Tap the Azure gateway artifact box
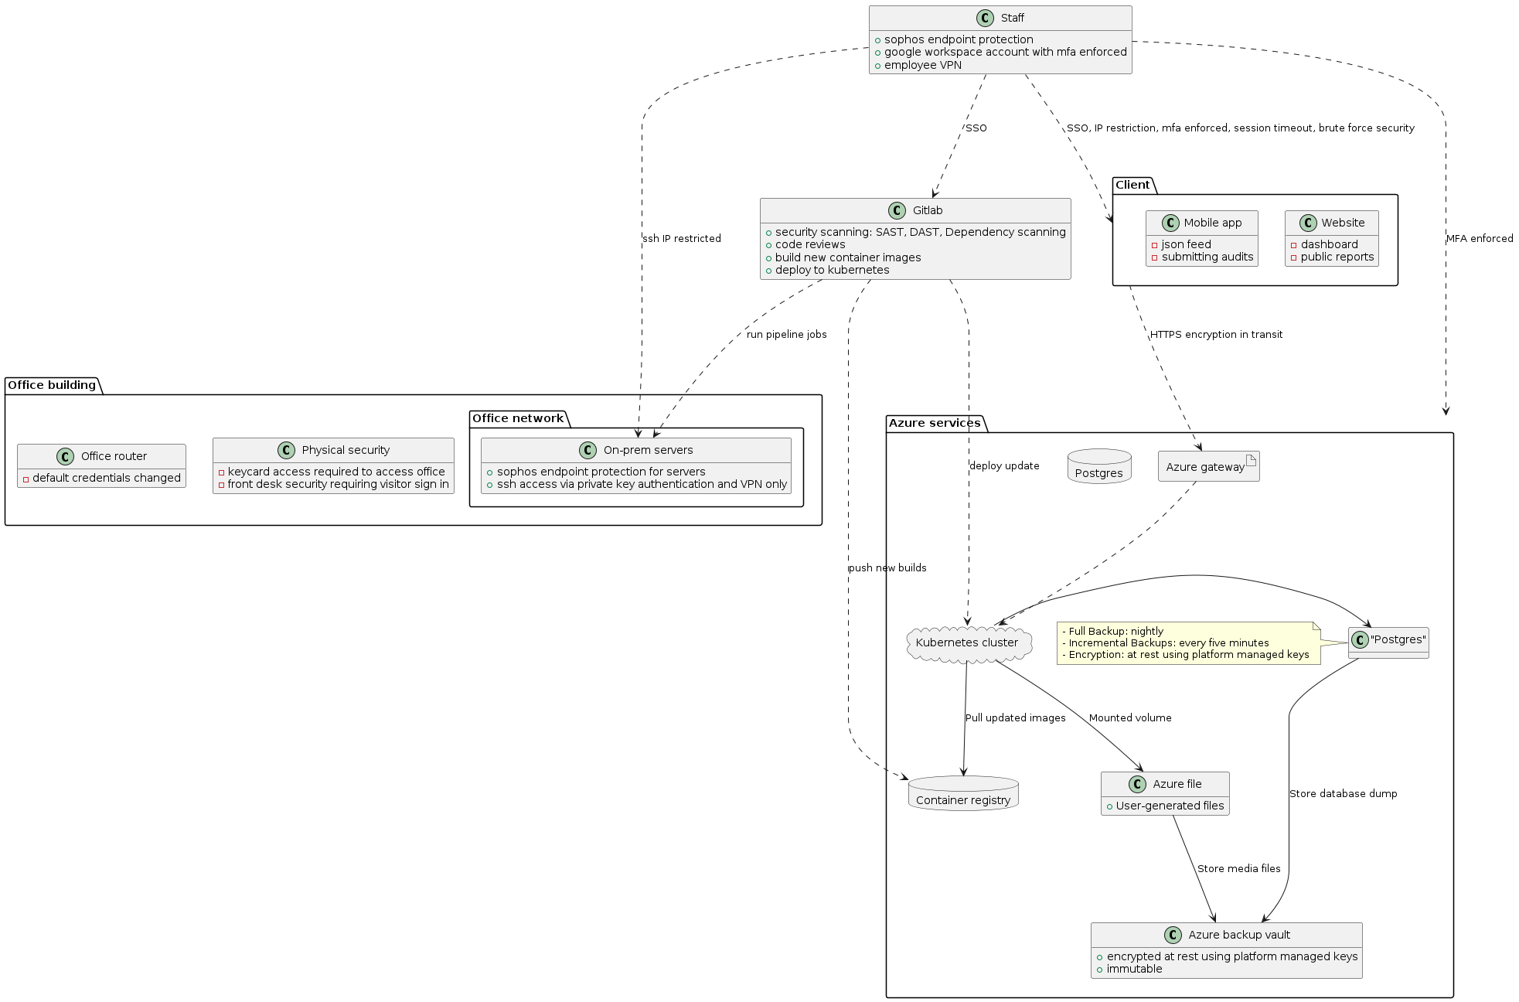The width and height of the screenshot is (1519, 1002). [1207, 466]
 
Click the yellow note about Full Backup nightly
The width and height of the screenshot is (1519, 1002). [1187, 643]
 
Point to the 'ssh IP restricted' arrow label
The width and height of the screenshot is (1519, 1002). [682, 239]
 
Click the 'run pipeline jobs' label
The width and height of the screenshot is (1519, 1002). [786, 335]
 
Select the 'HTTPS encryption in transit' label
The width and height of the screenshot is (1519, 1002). [1216, 335]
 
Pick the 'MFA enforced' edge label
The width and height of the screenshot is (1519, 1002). [1480, 239]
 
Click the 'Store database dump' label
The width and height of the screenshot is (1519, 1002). [1343, 794]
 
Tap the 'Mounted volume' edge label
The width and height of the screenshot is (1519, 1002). [1130, 718]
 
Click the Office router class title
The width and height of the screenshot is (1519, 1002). [114, 456]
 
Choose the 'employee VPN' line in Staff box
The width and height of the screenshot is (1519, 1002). [923, 66]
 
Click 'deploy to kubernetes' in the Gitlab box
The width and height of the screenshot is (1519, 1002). [832, 271]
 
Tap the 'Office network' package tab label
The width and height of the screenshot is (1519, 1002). [518, 418]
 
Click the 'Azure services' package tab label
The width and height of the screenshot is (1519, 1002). [934, 423]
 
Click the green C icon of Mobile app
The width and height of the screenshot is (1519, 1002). [1170, 223]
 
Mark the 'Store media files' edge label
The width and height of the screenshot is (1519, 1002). [1238, 869]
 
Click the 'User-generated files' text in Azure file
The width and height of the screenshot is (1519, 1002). [1170, 806]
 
